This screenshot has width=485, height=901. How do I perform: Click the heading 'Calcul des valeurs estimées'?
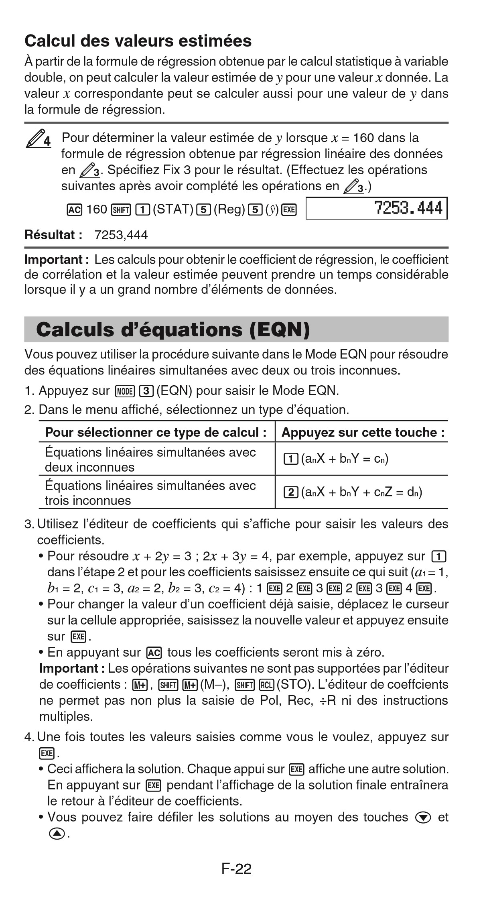click(x=138, y=41)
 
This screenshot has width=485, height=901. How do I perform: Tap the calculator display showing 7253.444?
click(x=376, y=208)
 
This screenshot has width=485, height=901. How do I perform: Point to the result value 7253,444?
click(x=121, y=235)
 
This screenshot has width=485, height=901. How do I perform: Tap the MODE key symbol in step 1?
click(x=124, y=391)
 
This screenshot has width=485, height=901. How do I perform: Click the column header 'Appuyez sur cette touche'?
click(x=363, y=432)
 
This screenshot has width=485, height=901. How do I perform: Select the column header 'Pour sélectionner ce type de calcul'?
click(x=156, y=432)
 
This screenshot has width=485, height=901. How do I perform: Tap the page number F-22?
click(x=236, y=869)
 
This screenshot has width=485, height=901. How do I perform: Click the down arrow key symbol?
click(x=423, y=818)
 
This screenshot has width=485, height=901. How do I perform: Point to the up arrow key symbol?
click(x=57, y=834)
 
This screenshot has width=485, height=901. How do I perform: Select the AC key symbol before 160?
click(x=74, y=209)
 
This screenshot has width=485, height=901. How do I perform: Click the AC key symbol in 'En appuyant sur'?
click(x=154, y=653)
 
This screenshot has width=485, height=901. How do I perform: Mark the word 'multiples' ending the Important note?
click(x=66, y=716)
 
